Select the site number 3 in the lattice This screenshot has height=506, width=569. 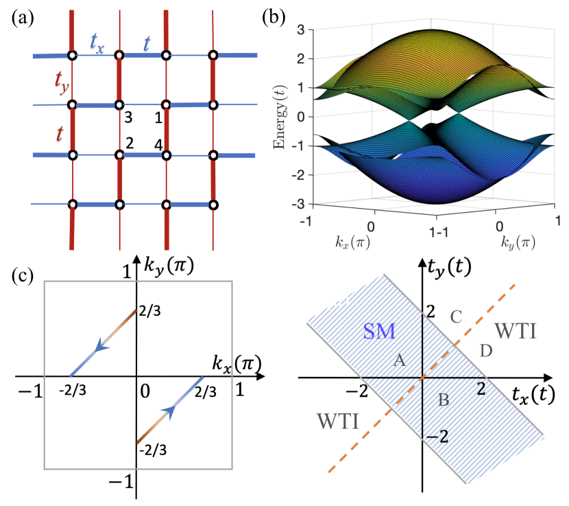coord(128,117)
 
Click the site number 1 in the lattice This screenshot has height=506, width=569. coord(158,117)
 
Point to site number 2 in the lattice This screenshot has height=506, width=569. coord(128,143)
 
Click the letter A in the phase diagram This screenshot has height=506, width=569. coord(400,360)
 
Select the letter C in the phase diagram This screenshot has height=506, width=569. coord(458,317)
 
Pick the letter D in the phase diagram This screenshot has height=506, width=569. coord(486,350)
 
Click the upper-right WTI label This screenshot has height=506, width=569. coord(516,331)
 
